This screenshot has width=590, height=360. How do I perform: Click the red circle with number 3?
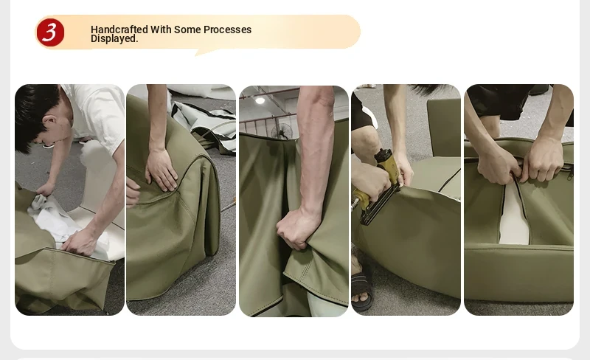(x=50, y=32)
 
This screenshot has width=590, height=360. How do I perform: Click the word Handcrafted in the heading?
(x=119, y=30)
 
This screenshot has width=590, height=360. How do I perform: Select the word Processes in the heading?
(x=227, y=30)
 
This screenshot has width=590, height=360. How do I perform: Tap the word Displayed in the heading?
(x=114, y=38)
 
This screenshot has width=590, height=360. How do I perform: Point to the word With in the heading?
(x=161, y=30)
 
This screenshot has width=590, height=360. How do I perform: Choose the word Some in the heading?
(x=187, y=30)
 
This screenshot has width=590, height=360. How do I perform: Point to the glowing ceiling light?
(x=260, y=100)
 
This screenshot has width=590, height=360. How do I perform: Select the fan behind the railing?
(x=282, y=131)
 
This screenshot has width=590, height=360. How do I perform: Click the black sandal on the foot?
(x=362, y=285)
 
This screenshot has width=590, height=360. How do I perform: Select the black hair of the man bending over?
(x=35, y=113)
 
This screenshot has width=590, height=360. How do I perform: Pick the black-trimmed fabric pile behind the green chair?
(x=205, y=124)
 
